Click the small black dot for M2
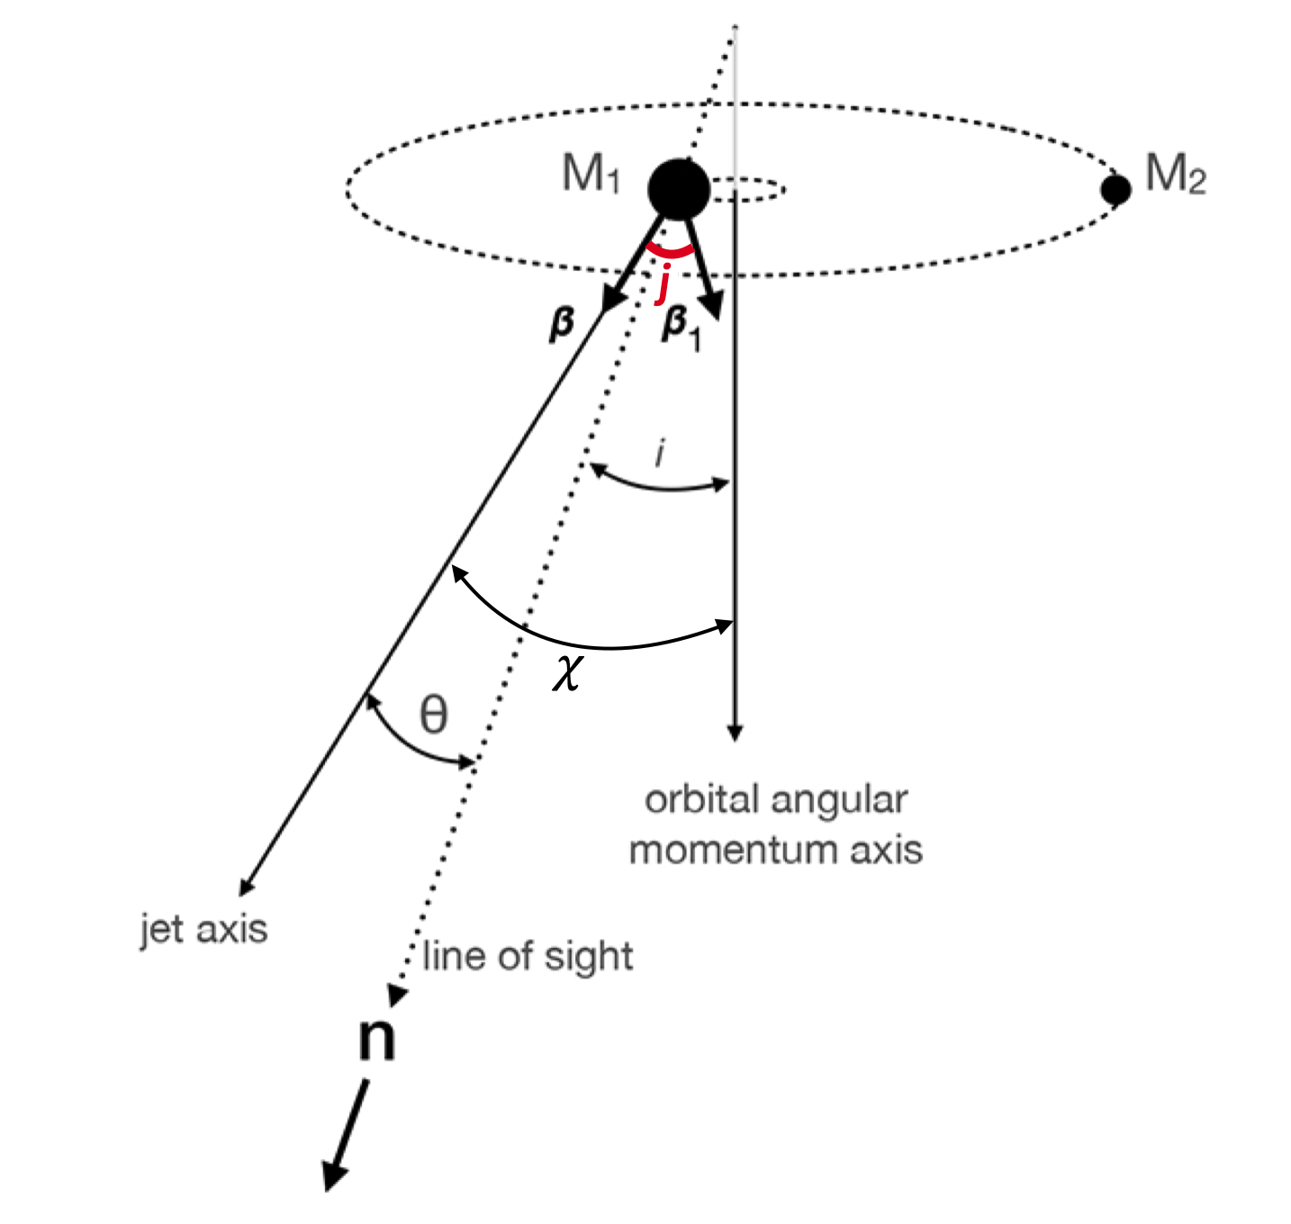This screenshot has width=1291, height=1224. tap(1116, 190)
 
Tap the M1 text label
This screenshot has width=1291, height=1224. tap(591, 173)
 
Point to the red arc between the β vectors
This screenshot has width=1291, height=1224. tap(671, 253)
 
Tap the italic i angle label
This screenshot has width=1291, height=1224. tap(660, 454)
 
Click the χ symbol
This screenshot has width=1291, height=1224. tap(567, 670)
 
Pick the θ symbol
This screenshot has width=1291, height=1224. tap(433, 715)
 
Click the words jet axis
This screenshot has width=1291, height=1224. tap(203, 929)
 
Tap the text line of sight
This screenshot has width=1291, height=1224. tap(528, 956)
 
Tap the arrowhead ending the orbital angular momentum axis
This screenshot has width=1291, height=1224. tap(735, 731)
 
